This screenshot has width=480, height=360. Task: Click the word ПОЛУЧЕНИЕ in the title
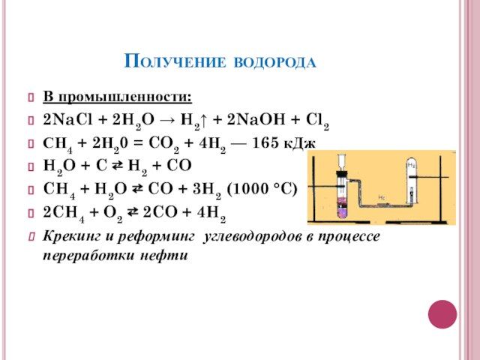(x=175, y=61)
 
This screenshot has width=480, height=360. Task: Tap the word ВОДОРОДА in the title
(x=275, y=62)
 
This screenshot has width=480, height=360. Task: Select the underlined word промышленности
(x=125, y=97)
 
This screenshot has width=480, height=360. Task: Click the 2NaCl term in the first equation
(x=67, y=119)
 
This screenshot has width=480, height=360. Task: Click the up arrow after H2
(x=204, y=120)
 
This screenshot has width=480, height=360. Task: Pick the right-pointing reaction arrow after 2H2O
(x=166, y=120)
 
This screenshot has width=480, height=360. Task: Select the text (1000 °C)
(x=262, y=189)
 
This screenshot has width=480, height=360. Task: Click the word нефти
(x=163, y=256)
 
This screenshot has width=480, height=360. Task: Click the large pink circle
(x=442, y=314)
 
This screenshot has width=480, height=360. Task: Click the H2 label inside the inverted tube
(x=411, y=165)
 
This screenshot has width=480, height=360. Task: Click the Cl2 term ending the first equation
(x=317, y=120)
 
